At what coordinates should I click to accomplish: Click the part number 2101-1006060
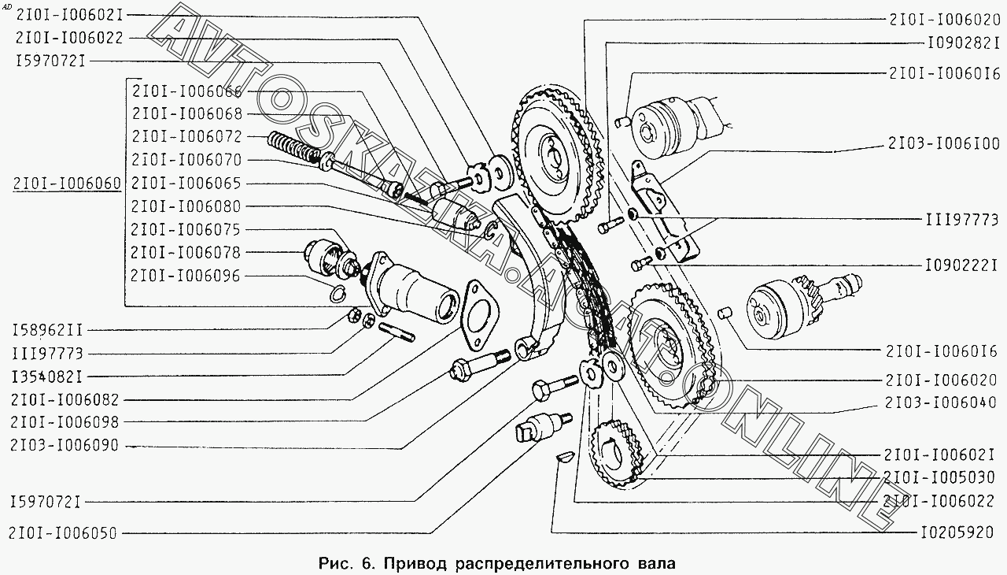(67, 184)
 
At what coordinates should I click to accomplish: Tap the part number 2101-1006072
(186, 136)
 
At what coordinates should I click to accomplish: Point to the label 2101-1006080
(186, 206)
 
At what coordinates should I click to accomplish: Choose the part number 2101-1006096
(186, 276)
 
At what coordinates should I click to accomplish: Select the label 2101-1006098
(65, 422)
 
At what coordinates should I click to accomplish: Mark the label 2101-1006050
(65, 533)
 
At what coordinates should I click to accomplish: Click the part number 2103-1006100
(944, 144)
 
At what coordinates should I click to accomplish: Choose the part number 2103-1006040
(944, 402)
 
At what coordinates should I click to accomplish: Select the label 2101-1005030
(944, 477)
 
